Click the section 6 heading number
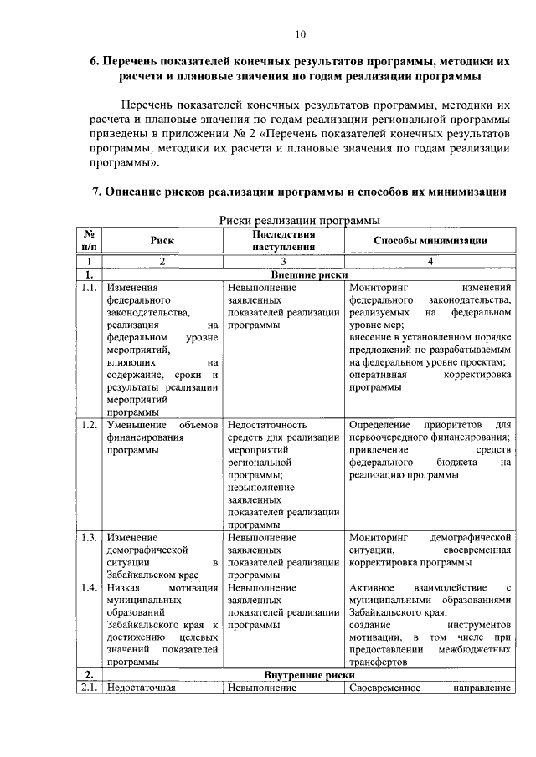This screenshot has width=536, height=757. (x=95, y=62)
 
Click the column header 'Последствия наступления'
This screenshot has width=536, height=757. (x=283, y=240)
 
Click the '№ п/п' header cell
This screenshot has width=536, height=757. (x=89, y=240)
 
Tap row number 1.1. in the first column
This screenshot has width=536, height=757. (x=90, y=289)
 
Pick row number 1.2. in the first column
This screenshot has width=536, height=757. (x=90, y=425)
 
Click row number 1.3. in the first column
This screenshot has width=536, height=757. (x=90, y=536)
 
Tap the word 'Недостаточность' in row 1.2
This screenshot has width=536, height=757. (x=268, y=425)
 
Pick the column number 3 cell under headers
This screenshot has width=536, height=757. (x=283, y=261)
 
